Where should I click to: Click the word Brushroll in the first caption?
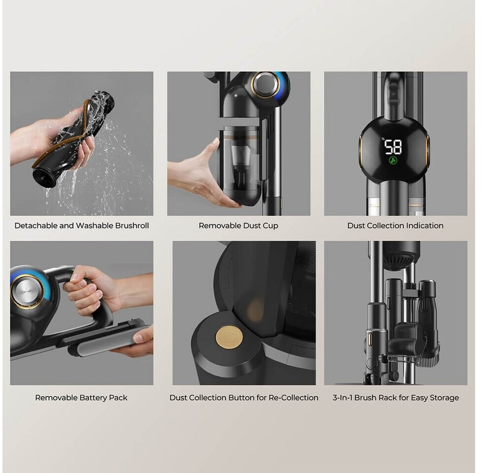[x=132, y=226]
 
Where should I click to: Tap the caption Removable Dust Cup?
[x=238, y=226]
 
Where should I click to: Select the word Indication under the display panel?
[x=424, y=226]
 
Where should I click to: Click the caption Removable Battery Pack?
[x=81, y=398]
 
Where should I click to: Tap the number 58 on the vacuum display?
[x=393, y=147]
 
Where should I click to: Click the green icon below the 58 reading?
[x=393, y=160]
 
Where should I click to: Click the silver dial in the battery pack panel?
[x=27, y=291]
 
